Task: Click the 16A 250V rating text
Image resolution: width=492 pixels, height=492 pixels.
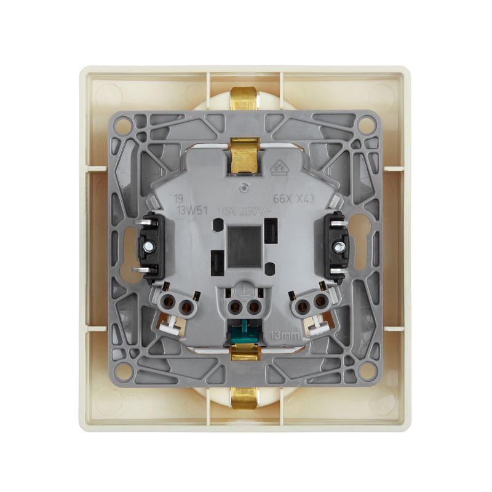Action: (245, 210)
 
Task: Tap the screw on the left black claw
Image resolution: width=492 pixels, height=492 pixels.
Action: (148, 247)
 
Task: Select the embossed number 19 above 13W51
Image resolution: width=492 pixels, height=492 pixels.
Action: (178, 199)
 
